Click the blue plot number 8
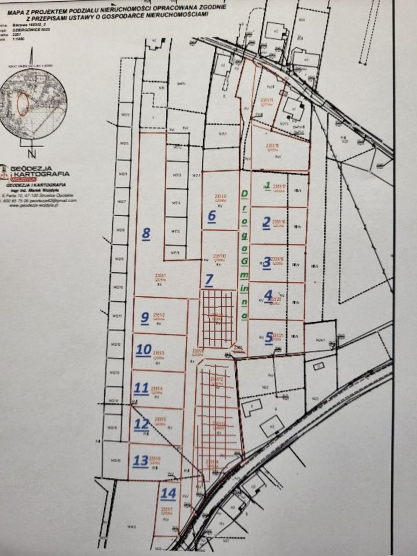point(146,233)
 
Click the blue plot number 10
point(144,350)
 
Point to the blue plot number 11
point(141,387)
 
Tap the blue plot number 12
point(141,425)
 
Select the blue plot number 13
point(141,461)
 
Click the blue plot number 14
point(169,493)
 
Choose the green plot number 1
point(266,185)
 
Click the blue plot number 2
point(266,222)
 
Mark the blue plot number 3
point(266,262)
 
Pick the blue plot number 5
point(269,337)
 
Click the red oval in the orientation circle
point(23,104)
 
